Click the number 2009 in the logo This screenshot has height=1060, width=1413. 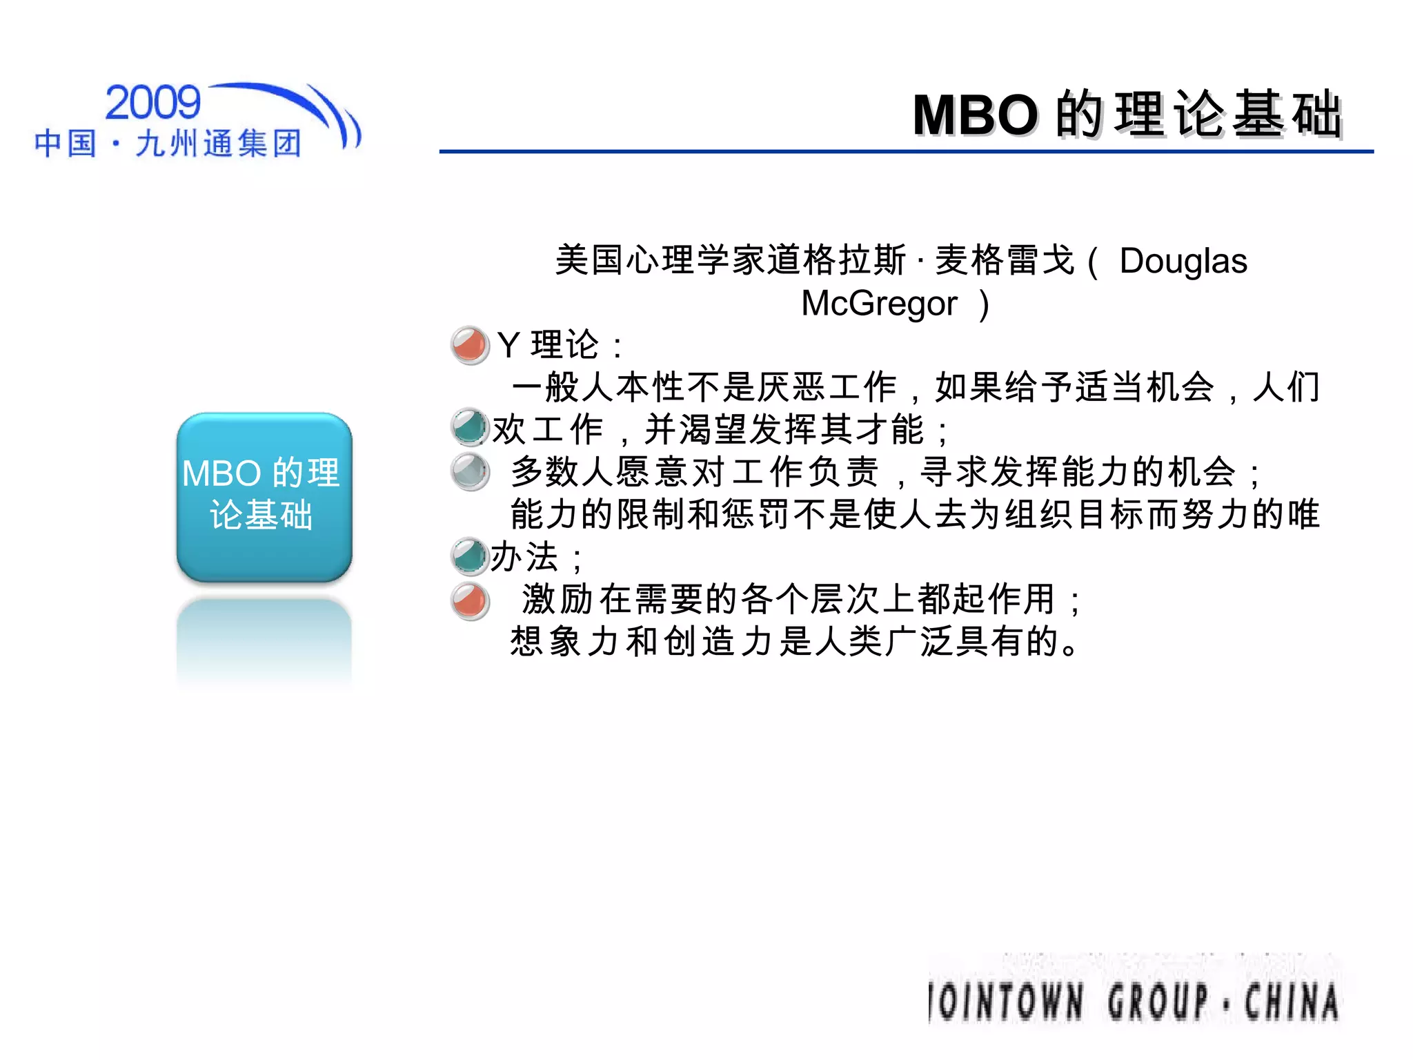pos(152,104)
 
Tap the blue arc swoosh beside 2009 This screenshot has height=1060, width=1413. pos(304,104)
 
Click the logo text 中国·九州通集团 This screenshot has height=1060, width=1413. pos(168,144)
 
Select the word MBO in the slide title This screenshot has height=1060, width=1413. pos(974,115)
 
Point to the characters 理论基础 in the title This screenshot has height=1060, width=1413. pos(1228,115)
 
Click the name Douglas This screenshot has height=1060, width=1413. pos(1183,261)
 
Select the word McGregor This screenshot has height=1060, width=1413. pos(878,304)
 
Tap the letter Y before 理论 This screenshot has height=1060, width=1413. pos(508,345)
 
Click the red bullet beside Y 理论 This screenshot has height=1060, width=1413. pos(470,345)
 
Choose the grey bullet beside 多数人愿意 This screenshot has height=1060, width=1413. pos(470,472)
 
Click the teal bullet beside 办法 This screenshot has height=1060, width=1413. pos(470,557)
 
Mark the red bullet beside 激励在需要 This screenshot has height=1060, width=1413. pos(470,600)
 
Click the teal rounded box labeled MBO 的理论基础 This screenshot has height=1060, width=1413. pos(264,497)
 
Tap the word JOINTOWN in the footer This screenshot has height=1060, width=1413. pos(1006,1002)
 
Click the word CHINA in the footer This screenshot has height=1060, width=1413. pos(1292,1002)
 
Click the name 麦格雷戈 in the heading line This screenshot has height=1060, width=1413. pos(1004,261)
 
